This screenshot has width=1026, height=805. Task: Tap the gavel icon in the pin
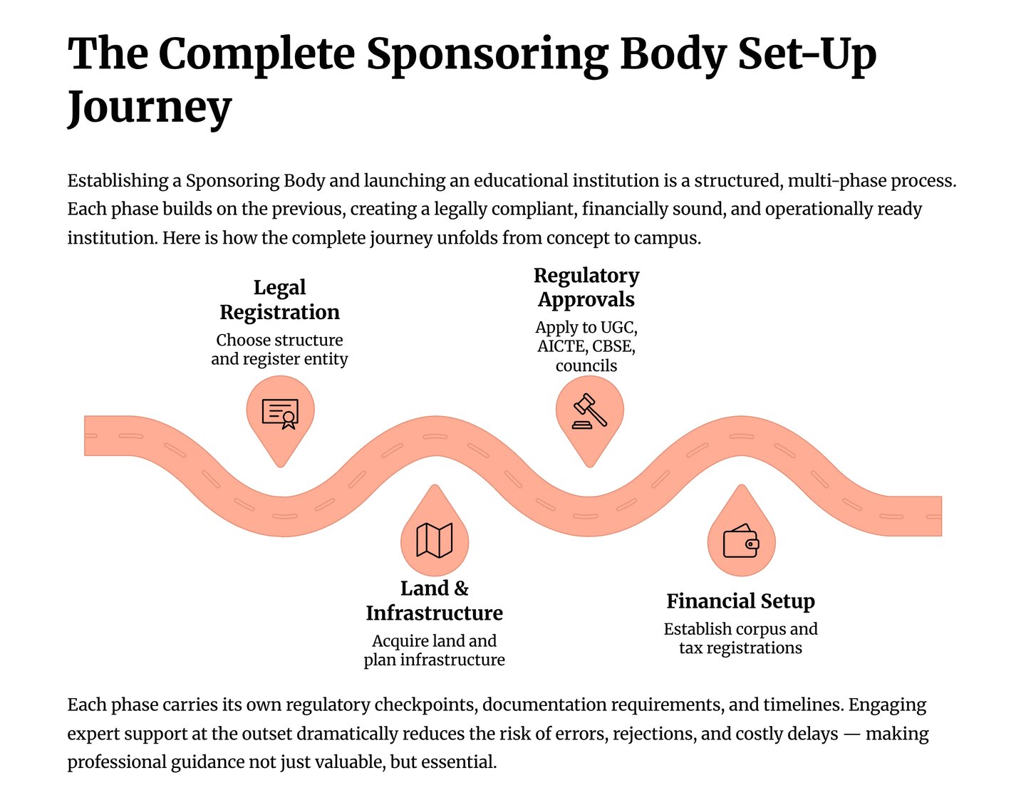589,412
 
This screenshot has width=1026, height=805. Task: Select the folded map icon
435,540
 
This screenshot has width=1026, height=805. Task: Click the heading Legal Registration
279,300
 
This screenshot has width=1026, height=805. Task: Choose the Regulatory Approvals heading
586,287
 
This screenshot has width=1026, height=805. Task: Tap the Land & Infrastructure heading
435,601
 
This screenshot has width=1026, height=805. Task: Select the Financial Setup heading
740,601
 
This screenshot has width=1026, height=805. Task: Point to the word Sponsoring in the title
487,54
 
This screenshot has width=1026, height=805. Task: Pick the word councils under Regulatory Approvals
586,365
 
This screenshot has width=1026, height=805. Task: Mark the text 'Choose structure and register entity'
279,350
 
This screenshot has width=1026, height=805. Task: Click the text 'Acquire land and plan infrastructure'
435,650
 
